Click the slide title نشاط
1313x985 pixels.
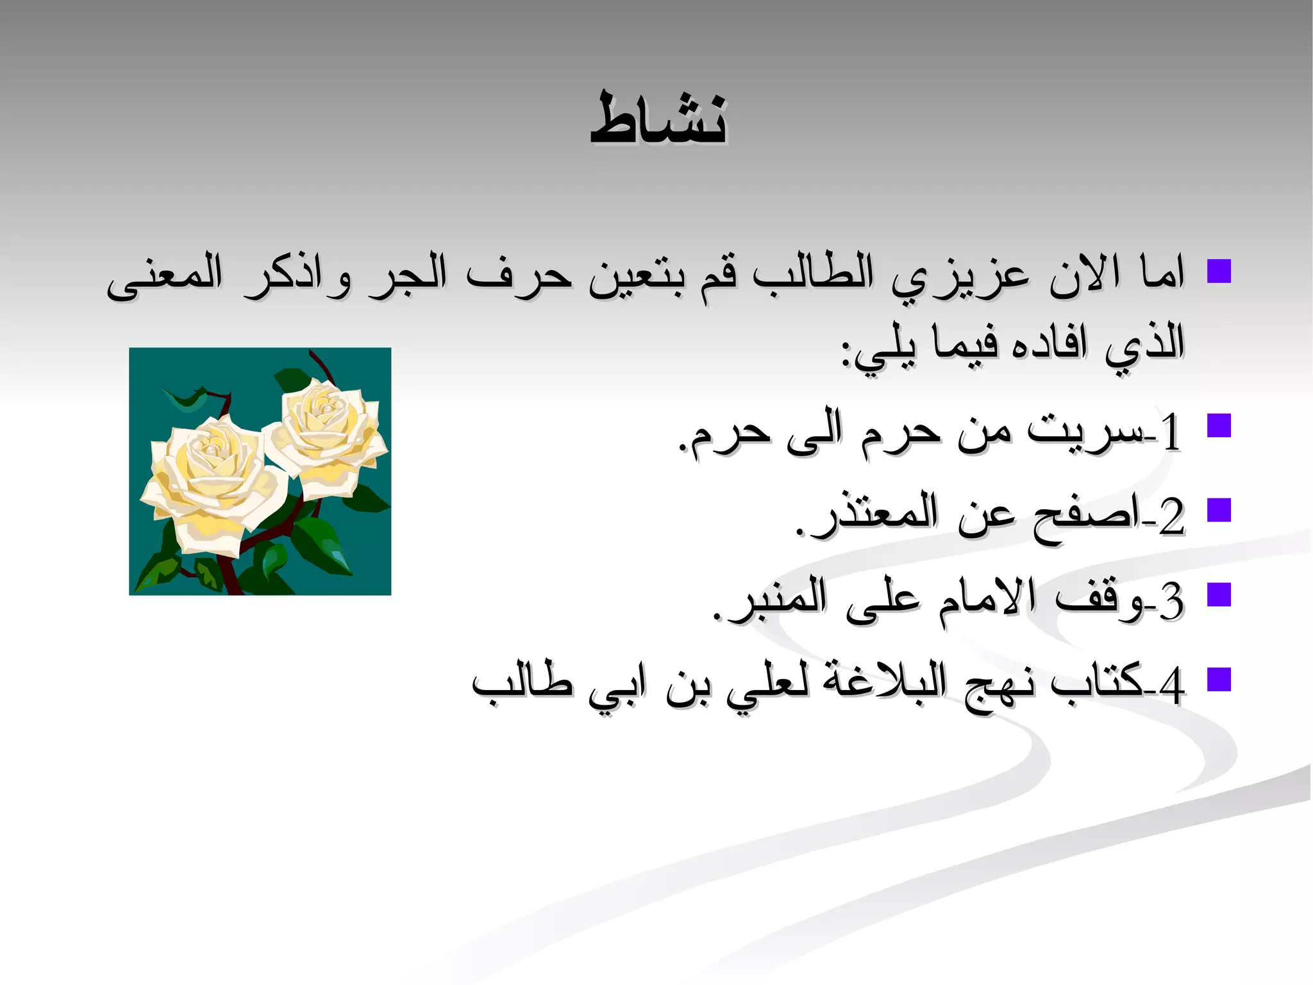(x=658, y=119)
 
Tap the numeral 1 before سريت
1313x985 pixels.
(x=1170, y=433)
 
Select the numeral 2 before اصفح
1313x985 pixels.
(x=1171, y=517)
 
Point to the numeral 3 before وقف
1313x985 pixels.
(x=1171, y=602)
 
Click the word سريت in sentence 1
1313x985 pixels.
(x=1083, y=430)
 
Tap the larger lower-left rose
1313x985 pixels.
(x=212, y=481)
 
